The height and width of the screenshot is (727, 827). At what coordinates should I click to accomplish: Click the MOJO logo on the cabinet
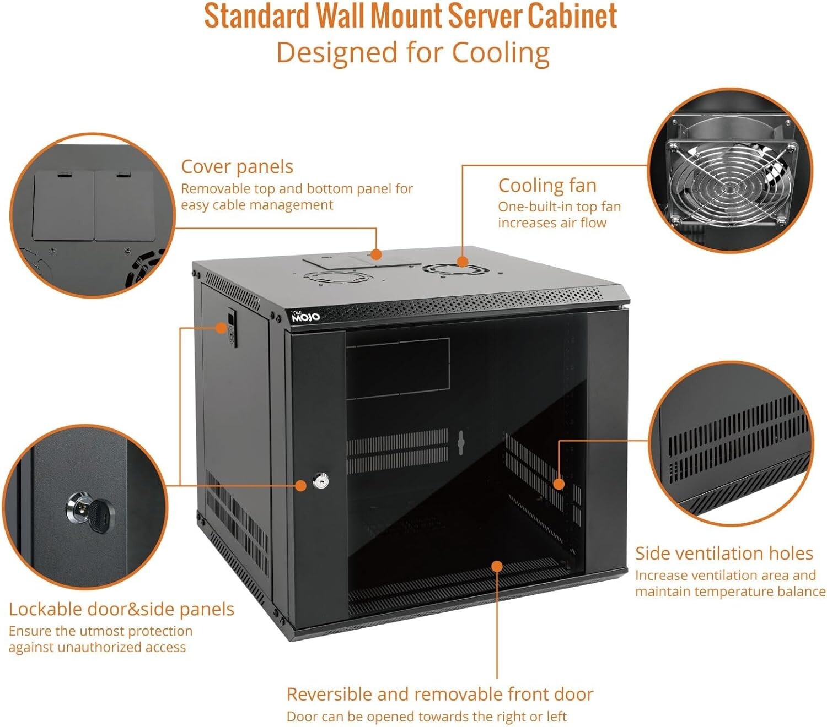[305, 316]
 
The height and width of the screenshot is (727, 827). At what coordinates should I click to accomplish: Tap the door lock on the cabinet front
[320, 481]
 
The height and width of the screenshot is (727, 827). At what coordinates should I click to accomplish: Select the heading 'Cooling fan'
[547, 186]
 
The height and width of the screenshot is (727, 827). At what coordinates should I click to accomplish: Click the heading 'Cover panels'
[237, 166]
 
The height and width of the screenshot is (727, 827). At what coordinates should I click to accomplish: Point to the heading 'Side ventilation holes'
[723, 553]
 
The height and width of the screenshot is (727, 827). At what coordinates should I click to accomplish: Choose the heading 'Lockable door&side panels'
[121, 609]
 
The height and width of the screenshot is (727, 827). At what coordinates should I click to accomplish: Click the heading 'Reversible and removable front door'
[439, 694]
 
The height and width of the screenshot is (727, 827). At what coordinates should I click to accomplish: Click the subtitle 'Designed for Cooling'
[413, 53]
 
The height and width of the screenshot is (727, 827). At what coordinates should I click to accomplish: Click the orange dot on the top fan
[463, 262]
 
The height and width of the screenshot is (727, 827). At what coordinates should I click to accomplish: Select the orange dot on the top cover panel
[376, 254]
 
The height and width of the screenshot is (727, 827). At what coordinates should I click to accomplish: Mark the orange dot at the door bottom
[497, 566]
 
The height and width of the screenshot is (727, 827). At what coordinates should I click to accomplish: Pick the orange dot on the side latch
[221, 328]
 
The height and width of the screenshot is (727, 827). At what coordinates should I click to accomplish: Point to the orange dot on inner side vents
[559, 484]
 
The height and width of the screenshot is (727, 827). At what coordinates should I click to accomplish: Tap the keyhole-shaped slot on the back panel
[461, 442]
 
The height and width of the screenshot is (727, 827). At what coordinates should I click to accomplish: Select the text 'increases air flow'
[552, 223]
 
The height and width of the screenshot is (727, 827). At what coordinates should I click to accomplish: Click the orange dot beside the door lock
[300, 485]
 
